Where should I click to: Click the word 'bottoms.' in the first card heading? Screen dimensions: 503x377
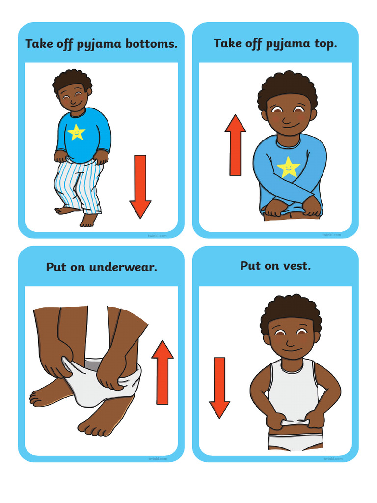click(152, 44)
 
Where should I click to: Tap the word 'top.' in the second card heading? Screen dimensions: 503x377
click(325, 43)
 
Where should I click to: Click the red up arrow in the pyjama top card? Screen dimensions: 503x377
click(235, 145)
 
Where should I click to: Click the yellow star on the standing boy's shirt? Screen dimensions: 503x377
click(77, 132)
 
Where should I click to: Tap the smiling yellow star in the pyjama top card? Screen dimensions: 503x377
click(289, 167)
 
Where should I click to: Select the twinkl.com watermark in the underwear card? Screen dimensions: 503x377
click(158, 459)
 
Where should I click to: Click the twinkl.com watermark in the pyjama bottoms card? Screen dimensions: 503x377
click(158, 236)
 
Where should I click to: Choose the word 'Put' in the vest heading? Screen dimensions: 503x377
click(250, 266)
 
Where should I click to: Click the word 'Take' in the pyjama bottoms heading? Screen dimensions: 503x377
click(39, 44)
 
